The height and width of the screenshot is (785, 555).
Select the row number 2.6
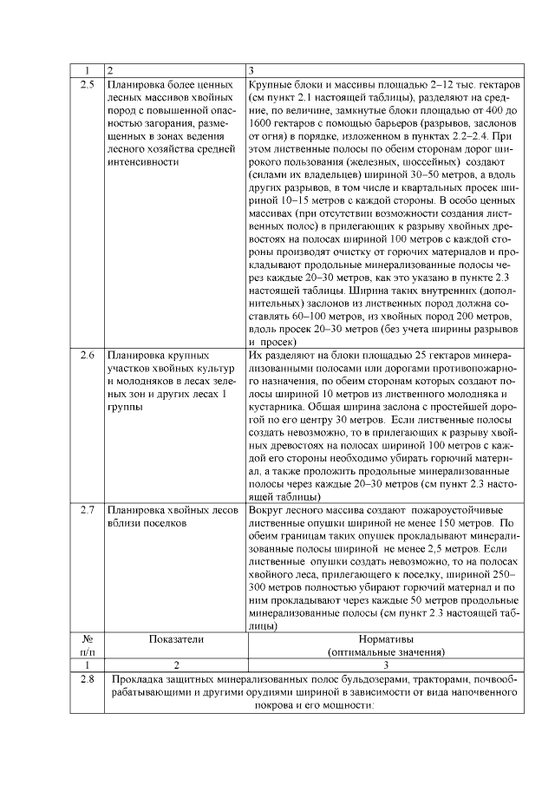tap(87, 355)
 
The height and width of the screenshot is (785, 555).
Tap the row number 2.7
tap(87, 509)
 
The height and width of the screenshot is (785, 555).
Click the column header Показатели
tap(176, 639)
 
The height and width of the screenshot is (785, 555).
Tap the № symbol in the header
tap(87, 639)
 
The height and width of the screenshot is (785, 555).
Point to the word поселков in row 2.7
tap(159, 524)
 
